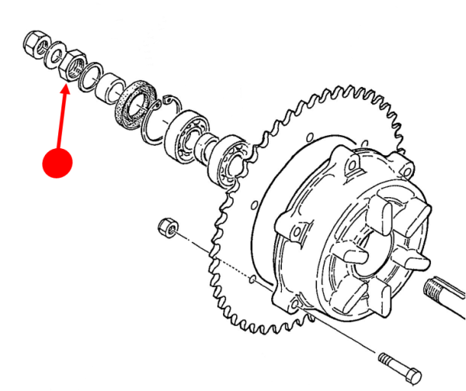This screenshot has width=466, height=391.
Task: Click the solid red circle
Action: point(57,162)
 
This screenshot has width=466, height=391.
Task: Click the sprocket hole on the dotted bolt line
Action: point(256,277)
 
